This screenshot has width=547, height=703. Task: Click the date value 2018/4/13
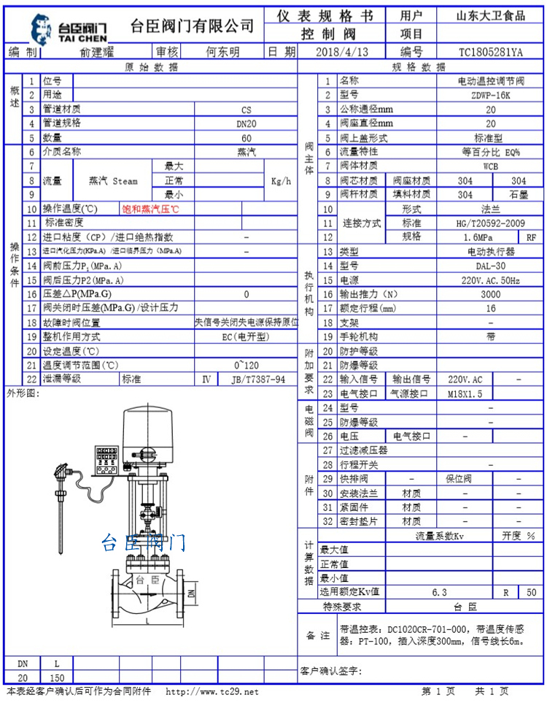(x=342, y=52)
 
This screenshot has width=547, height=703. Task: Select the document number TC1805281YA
(x=491, y=53)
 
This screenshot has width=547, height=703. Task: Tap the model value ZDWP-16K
(x=491, y=95)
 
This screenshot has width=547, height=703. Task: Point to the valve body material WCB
(x=491, y=166)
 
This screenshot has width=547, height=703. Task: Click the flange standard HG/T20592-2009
(x=491, y=223)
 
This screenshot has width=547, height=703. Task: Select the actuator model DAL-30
(x=491, y=266)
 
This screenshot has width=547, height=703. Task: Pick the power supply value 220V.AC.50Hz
(x=491, y=280)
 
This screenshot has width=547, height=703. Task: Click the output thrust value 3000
(x=491, y=295)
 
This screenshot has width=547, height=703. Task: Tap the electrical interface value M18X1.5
(x=465, y=394)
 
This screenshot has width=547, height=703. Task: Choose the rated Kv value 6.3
(x=439, y=592)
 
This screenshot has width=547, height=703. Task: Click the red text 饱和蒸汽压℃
(x=150, y=209)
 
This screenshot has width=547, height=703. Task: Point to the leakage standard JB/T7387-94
(x=258, y=380)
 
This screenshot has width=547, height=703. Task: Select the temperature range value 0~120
(x=246, y=366)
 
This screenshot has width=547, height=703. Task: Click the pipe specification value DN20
(x=246, y=124)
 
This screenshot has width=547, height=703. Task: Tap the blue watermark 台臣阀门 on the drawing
(x=143, y=542)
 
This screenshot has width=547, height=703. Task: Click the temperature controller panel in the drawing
(x=106, y=461)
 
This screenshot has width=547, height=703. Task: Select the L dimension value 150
(x=57, y=678)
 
